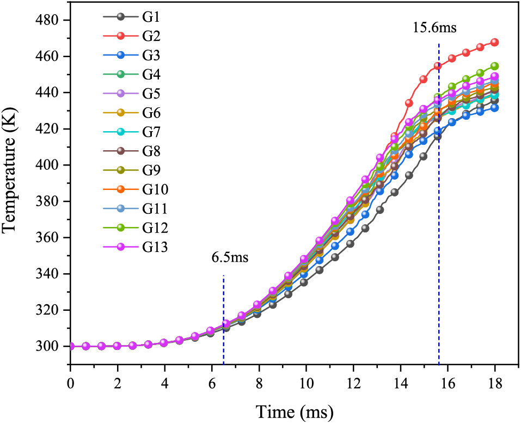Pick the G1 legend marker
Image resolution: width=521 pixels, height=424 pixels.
coord(121,16)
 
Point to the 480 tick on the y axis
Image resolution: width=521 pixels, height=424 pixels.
coord(49,20)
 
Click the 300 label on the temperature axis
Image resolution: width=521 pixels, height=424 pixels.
coord(49,346)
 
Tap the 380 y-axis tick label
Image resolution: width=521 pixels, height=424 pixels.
coord(49,201)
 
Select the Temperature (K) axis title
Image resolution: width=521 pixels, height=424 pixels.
coord(12,182)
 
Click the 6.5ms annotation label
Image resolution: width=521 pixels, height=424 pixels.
coord(230,257)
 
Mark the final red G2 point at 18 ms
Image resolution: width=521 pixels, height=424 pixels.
coord(494,42)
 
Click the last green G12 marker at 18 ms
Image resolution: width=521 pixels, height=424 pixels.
coord(494,66)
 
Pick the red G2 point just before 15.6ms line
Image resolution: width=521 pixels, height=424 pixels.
coord(437,66)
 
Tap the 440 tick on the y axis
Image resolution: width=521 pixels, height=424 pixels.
coord(49,93)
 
